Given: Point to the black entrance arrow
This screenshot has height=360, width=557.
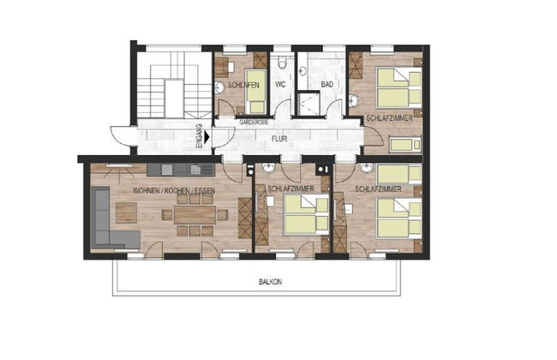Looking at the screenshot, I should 208,135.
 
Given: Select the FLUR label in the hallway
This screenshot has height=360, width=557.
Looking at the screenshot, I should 279,135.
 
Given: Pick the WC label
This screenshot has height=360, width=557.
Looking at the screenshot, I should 280,85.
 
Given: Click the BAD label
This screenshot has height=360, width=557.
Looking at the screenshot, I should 326,85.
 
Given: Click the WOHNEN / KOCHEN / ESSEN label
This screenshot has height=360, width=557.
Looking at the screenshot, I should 174,191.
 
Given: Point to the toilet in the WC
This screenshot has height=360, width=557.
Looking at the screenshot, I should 283,63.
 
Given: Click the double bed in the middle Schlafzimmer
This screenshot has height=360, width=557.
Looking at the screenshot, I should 305,213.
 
